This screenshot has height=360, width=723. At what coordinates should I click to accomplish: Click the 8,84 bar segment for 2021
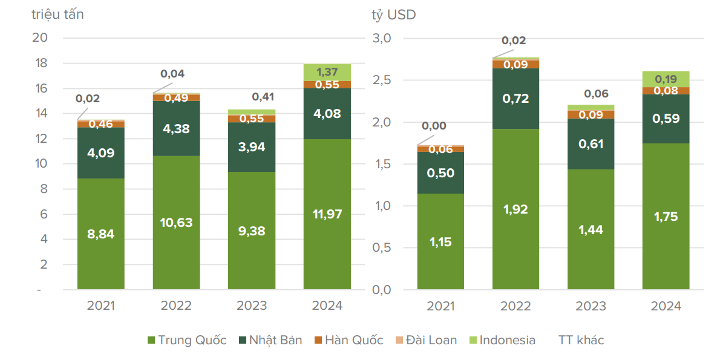pos(100,234)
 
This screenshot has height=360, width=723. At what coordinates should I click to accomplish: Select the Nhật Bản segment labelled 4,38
pos(176,128)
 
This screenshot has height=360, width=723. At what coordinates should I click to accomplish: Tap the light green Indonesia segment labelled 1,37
pos(327,72)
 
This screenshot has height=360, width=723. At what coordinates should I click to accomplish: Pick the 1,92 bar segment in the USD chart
pos(515,209)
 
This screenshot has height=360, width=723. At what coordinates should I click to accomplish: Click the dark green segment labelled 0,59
pos(666,119)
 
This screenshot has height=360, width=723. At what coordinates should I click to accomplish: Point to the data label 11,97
pos(327,214)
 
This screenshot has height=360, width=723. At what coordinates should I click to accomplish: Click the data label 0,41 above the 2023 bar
pos(264,96)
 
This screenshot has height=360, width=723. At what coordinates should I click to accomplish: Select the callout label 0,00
pos(433,126)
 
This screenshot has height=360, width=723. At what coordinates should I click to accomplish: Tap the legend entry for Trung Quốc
pos(187,340)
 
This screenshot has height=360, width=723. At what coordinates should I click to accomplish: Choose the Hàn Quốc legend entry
pos(348,340)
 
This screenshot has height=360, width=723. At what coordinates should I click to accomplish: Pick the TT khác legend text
pos(581,340)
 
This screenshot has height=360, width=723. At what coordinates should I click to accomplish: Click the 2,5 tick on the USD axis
pos(382,80)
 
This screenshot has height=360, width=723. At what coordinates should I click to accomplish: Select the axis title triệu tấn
pos(57,15)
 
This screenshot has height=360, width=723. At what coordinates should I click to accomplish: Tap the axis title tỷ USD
pos(394,15)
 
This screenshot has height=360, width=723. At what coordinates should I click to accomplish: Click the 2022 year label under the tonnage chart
pos(176,306)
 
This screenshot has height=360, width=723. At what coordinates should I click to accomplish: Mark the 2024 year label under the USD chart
pos(666,306)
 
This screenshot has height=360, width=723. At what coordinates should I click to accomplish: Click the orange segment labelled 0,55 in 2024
pos(327,85)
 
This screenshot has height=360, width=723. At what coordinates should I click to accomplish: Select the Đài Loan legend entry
pos(425,340)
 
